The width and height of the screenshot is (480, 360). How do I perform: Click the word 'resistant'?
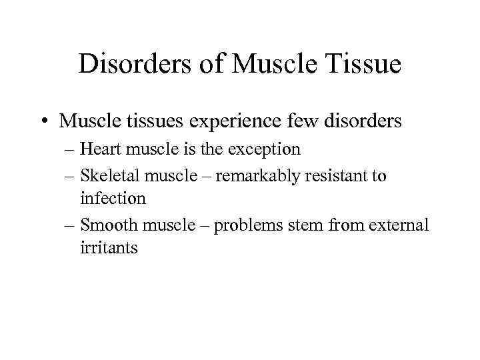[333, 176]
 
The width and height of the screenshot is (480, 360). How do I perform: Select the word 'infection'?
[112, 198]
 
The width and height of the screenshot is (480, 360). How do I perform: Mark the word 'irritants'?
[109, 248]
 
